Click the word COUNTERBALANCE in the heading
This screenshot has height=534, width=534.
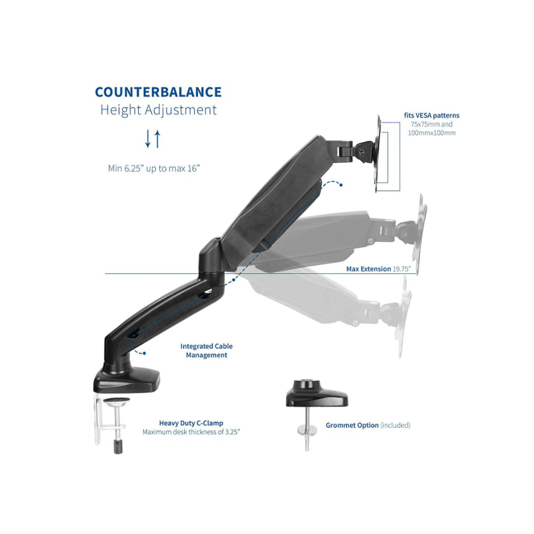(x=158, y=92)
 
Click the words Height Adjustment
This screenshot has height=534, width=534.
(x=158, y=110)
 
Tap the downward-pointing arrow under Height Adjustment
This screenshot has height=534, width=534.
(x=148, y=139)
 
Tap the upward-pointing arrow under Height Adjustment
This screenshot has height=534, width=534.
(x=158, y=139)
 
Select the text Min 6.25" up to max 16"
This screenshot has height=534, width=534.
(x=154, y=168)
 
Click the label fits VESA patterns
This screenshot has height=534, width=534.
(x=432, y=116)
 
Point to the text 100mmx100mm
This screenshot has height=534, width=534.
(x=432, y=133)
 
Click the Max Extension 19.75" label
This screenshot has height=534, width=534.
(x=379, y=268)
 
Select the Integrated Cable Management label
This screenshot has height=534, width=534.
(x=206, y=351)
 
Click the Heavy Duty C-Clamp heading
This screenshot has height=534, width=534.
(x=191, y=423)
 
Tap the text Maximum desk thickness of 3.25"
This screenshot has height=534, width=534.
(x=191, y=432)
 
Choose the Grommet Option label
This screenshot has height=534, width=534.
(x=352, y=425)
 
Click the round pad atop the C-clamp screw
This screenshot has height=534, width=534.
(x=117, y=400)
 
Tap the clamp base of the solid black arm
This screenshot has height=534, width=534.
(x=127, y=378)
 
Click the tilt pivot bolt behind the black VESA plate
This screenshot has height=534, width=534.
(x=360, y=151)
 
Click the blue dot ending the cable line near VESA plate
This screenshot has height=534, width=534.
(x=341, y=185)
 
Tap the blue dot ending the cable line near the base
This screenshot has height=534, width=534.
(x=144, y=353)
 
